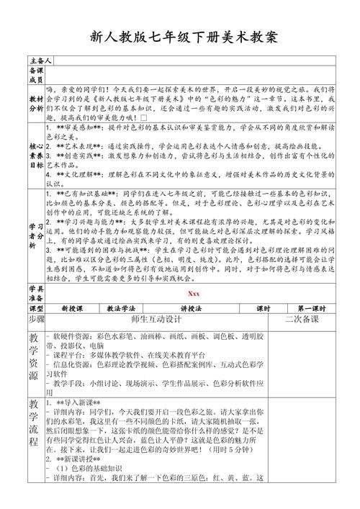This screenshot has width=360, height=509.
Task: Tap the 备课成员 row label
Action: (36, 74)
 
